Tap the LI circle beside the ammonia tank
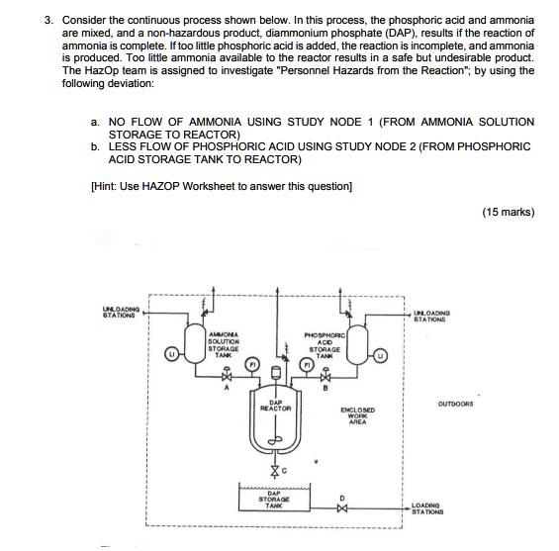click(x=172, y=353)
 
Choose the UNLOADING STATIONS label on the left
click(x=119, y=316)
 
